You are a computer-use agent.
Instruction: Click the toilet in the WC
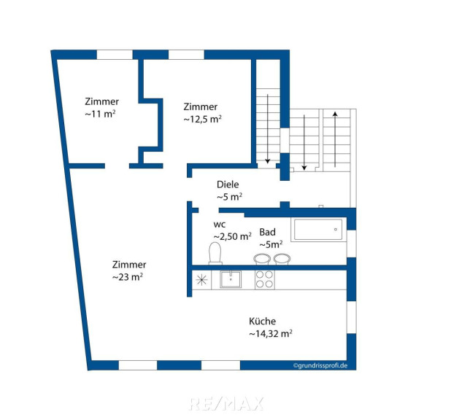pyautogui.click(x=215, y=253)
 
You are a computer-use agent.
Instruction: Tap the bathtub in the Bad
pyautogui.click(x=318, y=230)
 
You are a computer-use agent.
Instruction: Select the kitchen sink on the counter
pyautogui.click(x=231, y=279)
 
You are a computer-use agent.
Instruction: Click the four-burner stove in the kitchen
pyautogui.click(x=265, y=279)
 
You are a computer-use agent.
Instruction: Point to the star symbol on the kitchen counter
pyautogui.click(x=201, y=280)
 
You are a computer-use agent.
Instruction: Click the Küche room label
pyautogui.click(x=262, y=321)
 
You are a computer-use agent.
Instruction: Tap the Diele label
pyautogui.click(x=228, y=184)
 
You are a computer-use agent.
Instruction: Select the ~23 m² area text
pyautogui.click(x=128, y=277)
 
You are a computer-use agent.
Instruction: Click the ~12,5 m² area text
pyautogui.click(x=202, y=119)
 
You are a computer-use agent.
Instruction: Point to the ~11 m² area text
pyautogui.click(x=100, y=114)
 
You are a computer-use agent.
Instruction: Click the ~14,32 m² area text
pyautogui.click(x=271, y=333)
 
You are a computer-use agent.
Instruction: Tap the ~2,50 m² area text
pyautogui.click(x=232, y=236)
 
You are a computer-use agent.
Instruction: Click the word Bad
pyautogui.click(x=268, y=232)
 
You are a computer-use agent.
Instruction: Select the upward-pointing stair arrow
pyautogui.click(x=335, y=139)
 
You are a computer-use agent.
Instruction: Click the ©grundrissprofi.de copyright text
pyautogui.click(x=320, y=365)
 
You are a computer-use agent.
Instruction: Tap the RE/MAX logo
pyautogui.click(x=226, y=403)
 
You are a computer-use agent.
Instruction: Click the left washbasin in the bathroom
pyautogui.click(x=262, y=259)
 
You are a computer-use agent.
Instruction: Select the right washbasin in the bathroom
pyautogui.click(x=282, y=259)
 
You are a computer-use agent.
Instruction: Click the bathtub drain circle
pyautogui.click(x=336, y=230)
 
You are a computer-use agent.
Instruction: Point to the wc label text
pyautogui.click(x=220, y=225)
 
